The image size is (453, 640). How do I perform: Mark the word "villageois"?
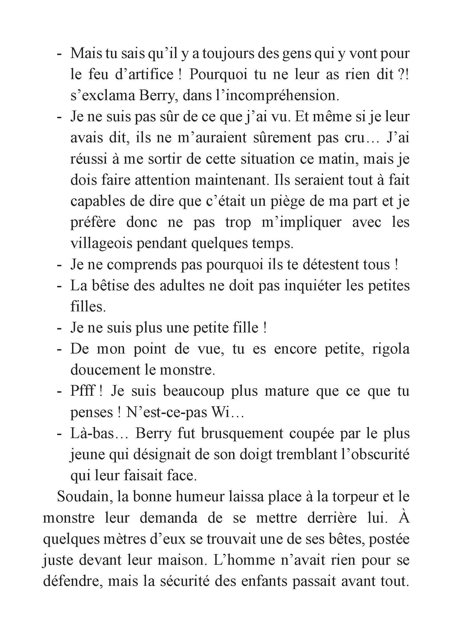point(101,244)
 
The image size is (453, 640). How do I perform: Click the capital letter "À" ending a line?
point(403,517)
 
